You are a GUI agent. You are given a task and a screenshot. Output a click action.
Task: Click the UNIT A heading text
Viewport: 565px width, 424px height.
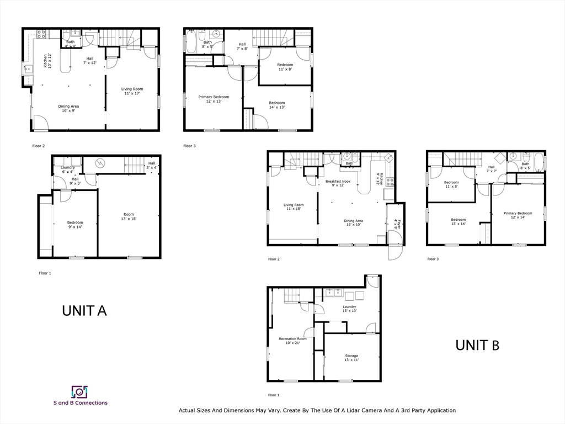(84, 311)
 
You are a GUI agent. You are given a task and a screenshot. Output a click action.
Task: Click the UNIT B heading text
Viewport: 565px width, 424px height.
(477, 346)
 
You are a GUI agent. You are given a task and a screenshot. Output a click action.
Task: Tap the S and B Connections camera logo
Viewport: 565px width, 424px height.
(80, 392)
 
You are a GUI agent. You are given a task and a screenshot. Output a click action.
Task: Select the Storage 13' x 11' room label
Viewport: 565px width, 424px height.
(351, 358)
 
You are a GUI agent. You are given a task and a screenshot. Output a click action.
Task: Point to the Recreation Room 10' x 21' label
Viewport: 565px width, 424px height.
(292, 341)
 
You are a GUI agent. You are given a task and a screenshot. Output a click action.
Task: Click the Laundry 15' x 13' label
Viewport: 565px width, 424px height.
(349, 309)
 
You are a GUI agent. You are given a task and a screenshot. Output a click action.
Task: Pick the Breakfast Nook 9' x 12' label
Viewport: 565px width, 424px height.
(338, 183)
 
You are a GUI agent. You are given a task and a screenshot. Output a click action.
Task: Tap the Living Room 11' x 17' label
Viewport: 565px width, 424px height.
(132, 91)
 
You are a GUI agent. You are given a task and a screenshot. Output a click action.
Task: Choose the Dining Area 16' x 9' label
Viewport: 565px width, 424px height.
(69, 108)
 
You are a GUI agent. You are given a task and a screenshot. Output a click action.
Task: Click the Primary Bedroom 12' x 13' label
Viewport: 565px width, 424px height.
(214, 99)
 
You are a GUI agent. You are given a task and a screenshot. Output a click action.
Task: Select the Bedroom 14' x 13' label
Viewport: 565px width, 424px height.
(276, 105)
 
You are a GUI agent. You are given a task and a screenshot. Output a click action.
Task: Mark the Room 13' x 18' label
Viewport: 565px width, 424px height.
(129, 217)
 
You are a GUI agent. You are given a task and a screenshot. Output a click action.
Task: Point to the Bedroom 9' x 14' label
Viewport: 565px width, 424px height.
(74, 225)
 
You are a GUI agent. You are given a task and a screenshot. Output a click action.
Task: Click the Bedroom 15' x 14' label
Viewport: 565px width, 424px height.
(458, 222)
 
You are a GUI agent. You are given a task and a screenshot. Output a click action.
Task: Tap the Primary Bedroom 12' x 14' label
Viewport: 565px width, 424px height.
(518, 215)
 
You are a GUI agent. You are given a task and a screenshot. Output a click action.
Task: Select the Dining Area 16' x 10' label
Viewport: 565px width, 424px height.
(354, 222)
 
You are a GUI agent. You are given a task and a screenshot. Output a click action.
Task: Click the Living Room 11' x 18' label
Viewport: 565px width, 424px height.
(292, 207)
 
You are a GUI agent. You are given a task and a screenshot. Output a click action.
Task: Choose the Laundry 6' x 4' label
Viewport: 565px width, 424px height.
(68, 169)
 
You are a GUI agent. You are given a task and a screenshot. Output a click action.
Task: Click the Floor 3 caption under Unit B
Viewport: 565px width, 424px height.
(433, 259)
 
